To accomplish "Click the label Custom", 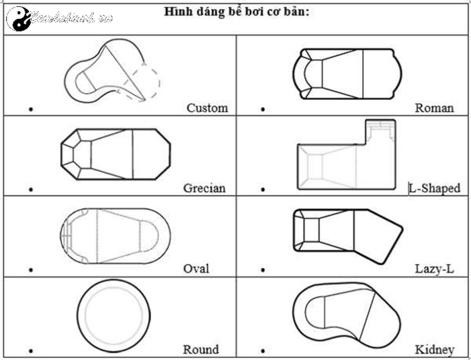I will pos(207,108).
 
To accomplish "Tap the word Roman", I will pos(434,108).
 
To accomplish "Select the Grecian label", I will pos(204,189).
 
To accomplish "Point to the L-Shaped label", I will pos(435,189).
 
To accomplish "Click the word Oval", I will pos(196,269).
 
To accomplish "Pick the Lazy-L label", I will pos(434,269).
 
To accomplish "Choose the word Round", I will pos(201,349).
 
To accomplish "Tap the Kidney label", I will pos(434,349).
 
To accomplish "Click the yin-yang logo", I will pos(18,18).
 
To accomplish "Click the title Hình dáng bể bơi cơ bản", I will pos(235,12).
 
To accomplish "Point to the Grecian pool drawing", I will pos(116,153).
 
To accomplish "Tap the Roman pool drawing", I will pos(347,74).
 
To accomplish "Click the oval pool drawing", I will pos(115,235).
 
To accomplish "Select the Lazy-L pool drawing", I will pos(347,235).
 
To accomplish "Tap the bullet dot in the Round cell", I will pos(31,351).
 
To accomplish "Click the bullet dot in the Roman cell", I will pos(263,109).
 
